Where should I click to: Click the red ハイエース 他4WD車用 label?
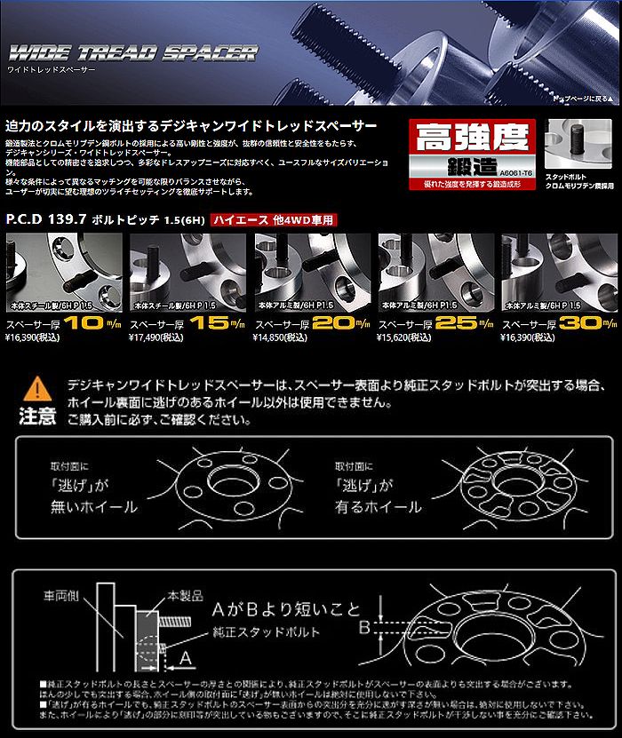tap(275, 219)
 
